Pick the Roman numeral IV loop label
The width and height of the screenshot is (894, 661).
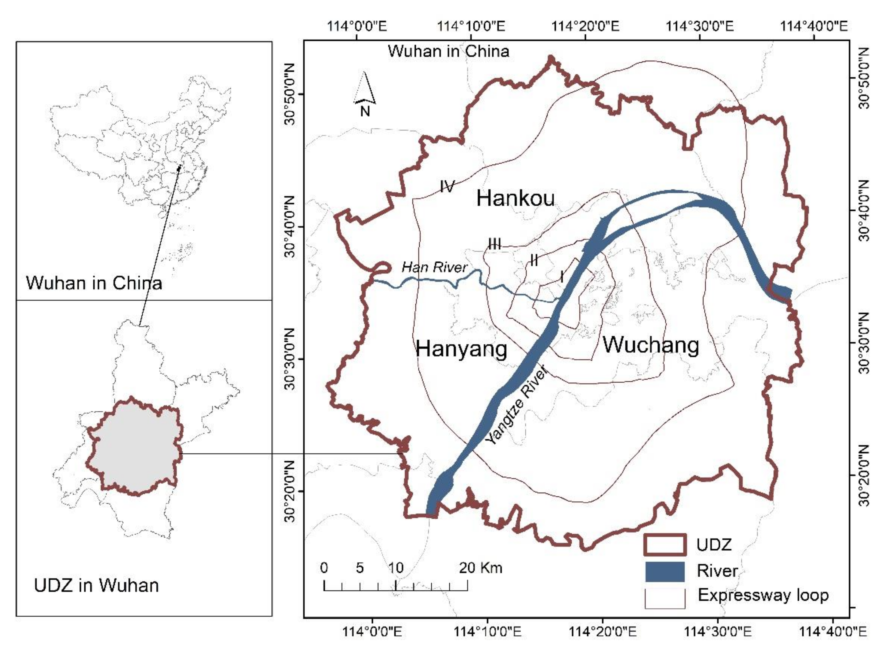[x=447, y=186]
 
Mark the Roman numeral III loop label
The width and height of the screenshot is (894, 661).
[x=494, y=244]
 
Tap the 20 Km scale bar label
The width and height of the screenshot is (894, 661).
[x=480, y=568]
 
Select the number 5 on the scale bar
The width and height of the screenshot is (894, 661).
[x=360, y=568]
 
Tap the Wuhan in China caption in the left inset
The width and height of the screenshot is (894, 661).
[x=94, y=283]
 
